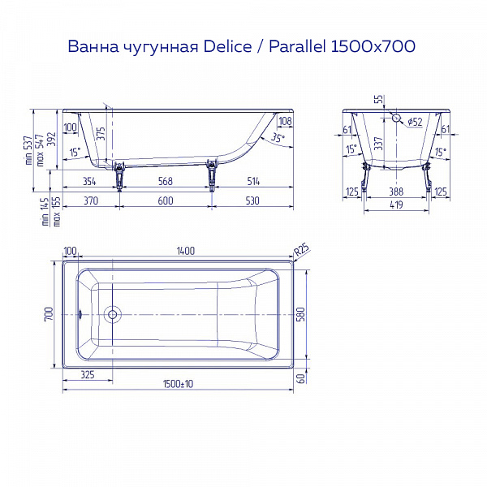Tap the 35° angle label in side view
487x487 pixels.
(276, 139)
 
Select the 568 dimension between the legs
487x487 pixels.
(166, 180)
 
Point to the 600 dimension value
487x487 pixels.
(166, 200)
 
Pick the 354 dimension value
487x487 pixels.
(88, 180)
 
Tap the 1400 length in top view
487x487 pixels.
(185, 252)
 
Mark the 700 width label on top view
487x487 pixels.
(49, 313)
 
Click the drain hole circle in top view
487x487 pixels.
(114, 313)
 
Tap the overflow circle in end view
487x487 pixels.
(395, 118)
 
